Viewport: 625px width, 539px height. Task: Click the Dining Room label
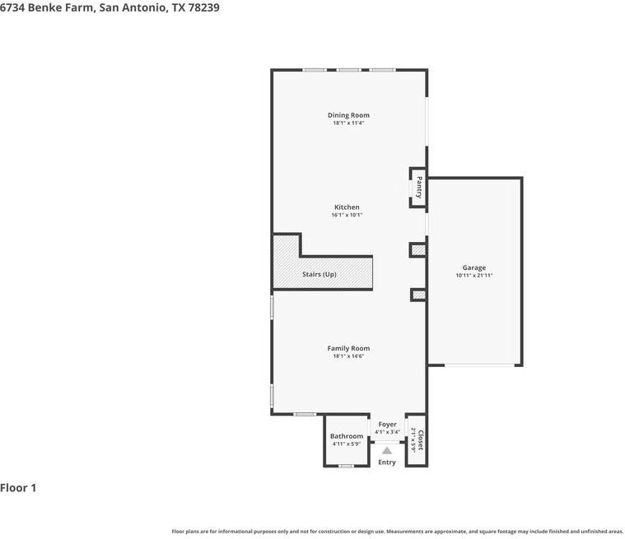[348, 115]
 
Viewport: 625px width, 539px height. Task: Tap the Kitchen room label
[347, 207]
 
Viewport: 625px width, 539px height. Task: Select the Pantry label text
[419, 187]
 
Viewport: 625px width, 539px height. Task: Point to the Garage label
[473, 267]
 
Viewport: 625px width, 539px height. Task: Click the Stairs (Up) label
[319, 274]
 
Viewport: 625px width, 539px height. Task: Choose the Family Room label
[348, 348]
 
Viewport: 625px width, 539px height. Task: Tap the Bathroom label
[347, 436]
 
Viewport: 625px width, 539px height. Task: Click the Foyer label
[387, 425]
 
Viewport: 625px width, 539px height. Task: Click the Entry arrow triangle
[387, 450]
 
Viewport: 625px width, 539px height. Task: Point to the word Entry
[387, 462]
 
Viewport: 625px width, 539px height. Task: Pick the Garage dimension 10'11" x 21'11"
[473, 276]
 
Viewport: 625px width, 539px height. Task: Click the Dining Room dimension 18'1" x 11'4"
[348, 123]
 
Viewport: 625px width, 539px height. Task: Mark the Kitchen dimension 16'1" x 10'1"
[347, 216]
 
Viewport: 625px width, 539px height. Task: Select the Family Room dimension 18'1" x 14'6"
[348, 356]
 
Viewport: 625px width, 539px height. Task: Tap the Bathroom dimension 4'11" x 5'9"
[347, 444]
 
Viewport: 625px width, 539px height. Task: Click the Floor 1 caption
[18, 488]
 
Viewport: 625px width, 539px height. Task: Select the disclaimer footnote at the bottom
[397, 532]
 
